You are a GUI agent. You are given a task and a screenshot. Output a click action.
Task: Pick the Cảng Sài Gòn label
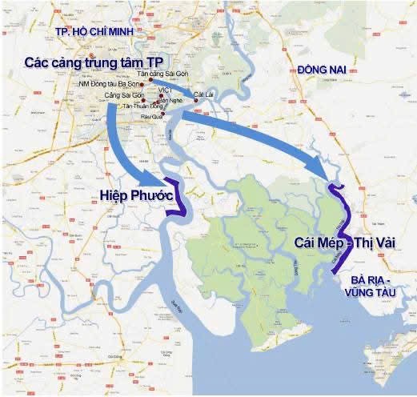(120, 95)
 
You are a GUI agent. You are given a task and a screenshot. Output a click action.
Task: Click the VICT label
(164, 89)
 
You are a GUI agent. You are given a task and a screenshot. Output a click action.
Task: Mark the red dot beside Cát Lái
(194, 101)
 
